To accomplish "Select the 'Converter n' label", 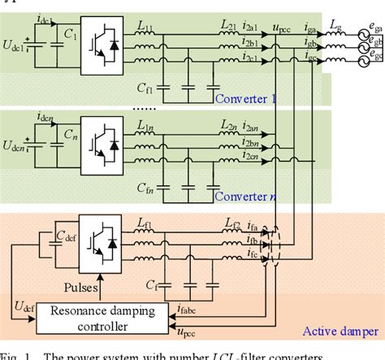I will click(x=245, y=196).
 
